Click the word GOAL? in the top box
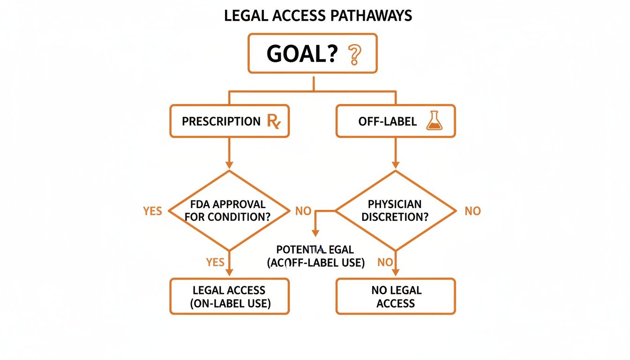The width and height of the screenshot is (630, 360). (x=302, y=54)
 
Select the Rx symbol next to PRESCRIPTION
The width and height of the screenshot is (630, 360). (x=273, y=121)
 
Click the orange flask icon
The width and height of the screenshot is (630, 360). (x=435, y=121)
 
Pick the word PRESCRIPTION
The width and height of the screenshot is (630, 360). (x=221, y=121)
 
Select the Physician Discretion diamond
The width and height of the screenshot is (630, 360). (x=395, y=210)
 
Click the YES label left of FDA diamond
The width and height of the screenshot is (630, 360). (x=152, y=211)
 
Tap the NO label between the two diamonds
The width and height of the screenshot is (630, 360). (x=303, y=211)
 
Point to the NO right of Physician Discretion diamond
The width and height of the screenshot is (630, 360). (x=472, y=211)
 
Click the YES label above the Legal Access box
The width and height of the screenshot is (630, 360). (x=215, y=262)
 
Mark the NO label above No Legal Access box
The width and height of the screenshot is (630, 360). (x=385, y=262)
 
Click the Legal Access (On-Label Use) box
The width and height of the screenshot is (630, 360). (x=229, y=296)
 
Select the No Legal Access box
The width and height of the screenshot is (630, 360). (x=396, y=296)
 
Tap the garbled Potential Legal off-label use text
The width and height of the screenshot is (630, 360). (x=315, y=256)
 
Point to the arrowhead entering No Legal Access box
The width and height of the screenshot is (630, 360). (x=396, y=273)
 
